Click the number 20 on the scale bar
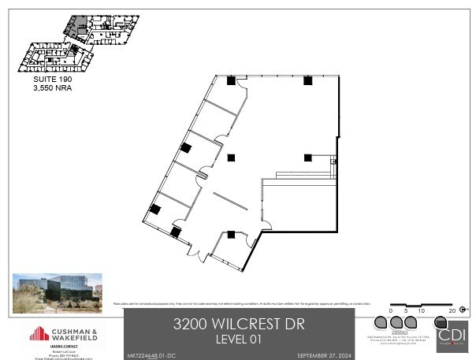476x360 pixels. (x=452, y=312)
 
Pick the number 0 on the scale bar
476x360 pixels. (x=391, y=312)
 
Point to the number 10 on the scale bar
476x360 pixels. (x=421, y=312)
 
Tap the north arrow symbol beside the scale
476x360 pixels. (x=465, y=309)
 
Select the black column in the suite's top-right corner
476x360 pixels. (x=307, y=80)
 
